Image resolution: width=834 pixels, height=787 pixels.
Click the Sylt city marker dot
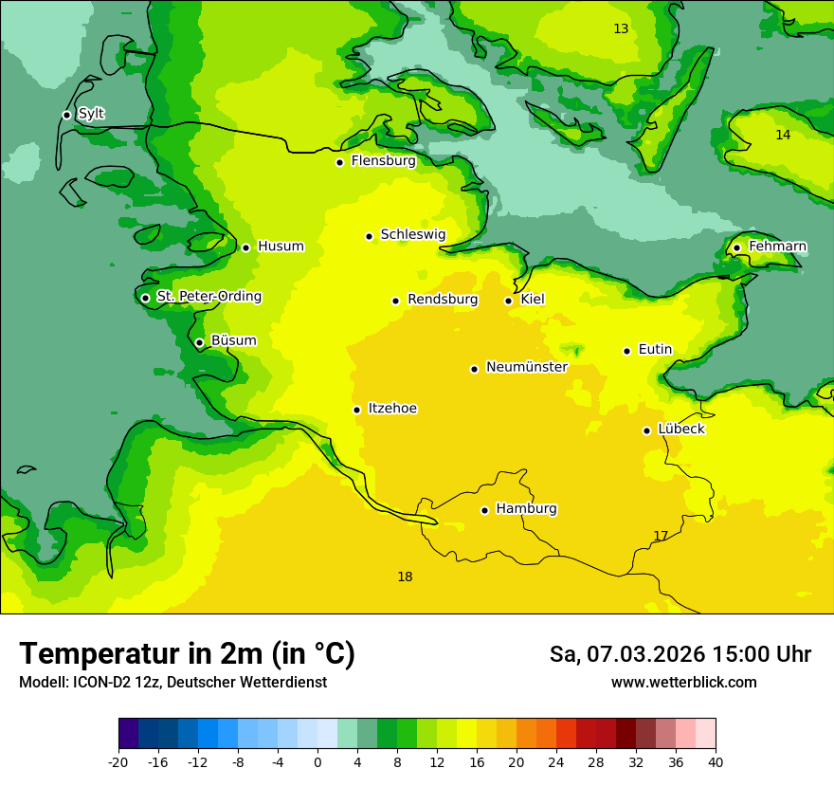pos(66,115)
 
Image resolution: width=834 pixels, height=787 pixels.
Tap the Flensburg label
pos(383,161)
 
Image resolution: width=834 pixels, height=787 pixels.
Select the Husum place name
pos(281,247)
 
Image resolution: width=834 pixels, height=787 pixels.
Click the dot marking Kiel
pos(508,301)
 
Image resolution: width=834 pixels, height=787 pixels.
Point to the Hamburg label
pos(526,509)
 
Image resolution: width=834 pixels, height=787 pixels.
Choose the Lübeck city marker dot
pos(646,430)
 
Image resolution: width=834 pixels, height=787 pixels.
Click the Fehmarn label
pos(777,247)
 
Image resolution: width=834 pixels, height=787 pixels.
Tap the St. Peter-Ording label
pos(208,297)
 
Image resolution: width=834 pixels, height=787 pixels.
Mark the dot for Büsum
pos(199,342)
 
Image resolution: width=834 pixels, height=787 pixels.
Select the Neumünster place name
pos(526,367)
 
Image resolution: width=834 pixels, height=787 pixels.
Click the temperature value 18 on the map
pos(405,577)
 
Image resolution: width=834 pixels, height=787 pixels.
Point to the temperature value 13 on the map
pos(621,29)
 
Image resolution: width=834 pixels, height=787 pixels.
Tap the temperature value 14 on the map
pos(783,136)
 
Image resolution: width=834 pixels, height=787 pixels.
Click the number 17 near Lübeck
pos(661,537)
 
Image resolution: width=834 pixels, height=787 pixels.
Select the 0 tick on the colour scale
pos(317,762)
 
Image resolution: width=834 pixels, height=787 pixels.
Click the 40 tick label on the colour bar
pos(715,762)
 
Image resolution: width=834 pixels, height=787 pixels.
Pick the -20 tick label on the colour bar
pos(118,762)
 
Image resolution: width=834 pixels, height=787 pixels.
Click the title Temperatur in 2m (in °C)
pos(187,654)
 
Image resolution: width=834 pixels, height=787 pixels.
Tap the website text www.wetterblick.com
pos(683,683)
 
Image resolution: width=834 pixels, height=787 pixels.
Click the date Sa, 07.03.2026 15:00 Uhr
pos(680,654)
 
